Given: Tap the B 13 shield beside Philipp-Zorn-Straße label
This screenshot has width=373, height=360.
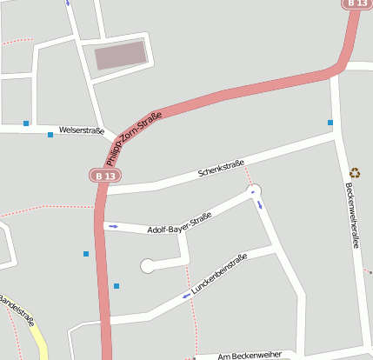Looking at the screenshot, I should click(x=104, y=176).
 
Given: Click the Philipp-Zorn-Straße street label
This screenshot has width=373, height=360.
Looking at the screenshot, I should click(x=133, y=138).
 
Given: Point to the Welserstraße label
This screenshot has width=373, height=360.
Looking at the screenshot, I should click(x=82, y=131).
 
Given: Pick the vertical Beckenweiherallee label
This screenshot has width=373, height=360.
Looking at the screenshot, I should click(x=352, y=215).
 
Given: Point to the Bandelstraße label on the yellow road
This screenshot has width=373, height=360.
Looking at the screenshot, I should click(x=18, y=309).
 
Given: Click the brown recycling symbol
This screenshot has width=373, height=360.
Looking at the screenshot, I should click(x=354, y=173).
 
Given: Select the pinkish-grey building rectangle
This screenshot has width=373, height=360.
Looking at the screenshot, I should click(x=120, y=56).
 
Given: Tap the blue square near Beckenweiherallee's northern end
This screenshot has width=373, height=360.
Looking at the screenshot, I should click(x=330, y=123).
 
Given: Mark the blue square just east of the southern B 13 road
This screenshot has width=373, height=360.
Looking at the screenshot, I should click(x=116, y=285).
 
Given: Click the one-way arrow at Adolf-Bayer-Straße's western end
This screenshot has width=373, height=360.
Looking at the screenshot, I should click(x=113, y=226).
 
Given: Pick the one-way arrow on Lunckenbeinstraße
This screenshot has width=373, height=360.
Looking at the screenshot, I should click(x=186, y=296).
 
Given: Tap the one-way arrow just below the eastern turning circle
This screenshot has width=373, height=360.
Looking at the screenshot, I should click(x=259, y=205).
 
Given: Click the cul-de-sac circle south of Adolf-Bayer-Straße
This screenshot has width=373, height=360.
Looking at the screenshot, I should click(x=148, y=266).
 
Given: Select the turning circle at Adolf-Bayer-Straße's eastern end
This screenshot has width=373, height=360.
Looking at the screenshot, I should click(x=254, y=190).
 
